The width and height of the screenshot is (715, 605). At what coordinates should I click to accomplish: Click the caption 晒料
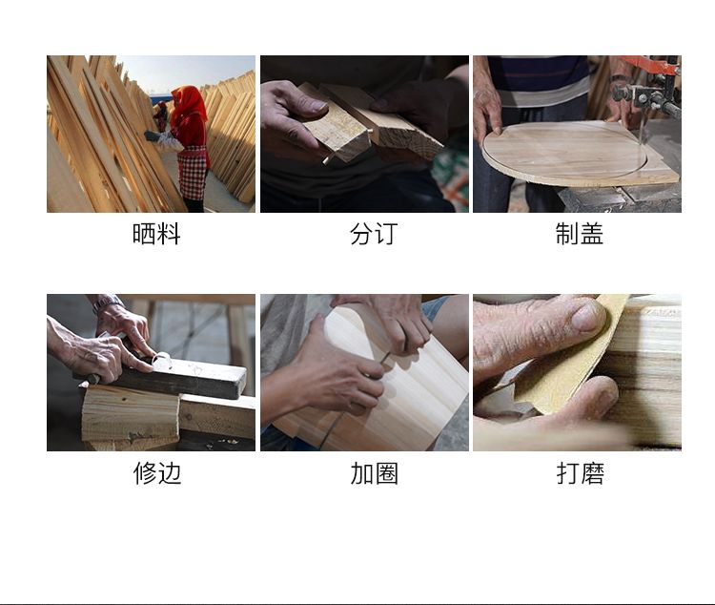coord(156,234)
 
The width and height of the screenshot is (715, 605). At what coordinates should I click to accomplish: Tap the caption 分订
coord(374,234)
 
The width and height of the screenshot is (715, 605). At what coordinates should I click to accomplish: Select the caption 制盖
coord(580,234)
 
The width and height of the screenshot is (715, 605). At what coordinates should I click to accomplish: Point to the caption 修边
coord(157,473)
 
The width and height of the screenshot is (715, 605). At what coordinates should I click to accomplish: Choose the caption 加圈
coord(375,473)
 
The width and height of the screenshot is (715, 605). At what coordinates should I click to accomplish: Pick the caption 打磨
coord(581,473)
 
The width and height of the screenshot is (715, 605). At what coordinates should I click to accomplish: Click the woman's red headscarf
coord(188,109)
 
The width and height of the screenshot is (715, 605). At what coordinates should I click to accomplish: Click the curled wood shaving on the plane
coord(162,361)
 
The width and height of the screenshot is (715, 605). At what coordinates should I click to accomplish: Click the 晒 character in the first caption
coord(144,234)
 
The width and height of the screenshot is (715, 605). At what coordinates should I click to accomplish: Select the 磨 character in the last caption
coord(593,473)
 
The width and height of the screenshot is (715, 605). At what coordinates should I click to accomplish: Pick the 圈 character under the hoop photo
coord(387,473)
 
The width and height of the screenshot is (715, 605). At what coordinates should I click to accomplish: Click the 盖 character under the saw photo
coord(592,234)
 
